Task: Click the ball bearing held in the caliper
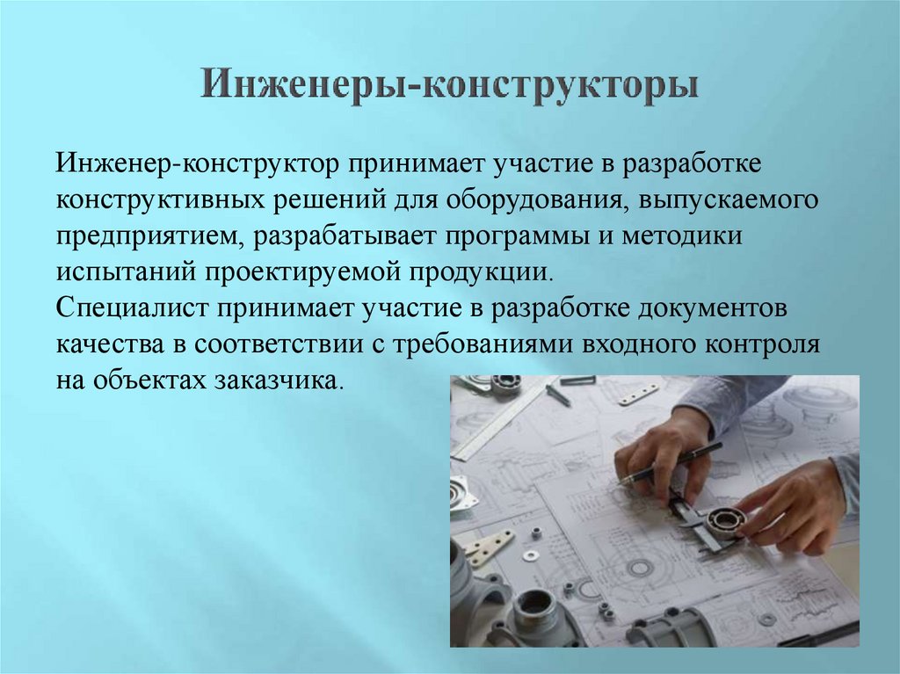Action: tap(725, 523)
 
